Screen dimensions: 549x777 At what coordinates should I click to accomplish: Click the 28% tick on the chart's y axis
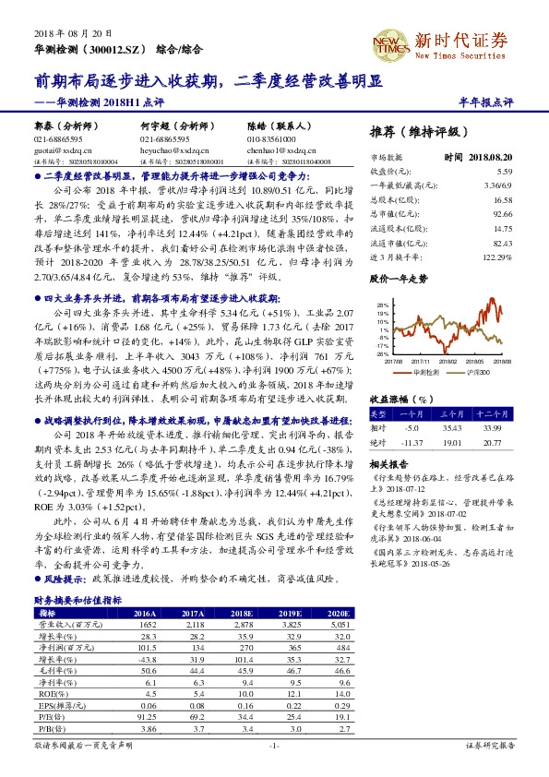coord(380,305)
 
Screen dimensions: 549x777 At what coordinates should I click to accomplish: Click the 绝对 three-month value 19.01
coord(454,443)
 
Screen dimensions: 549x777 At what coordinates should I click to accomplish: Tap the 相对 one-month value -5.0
coord(411,428)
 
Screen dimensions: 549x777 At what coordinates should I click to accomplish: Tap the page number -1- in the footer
coord(274,744)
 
